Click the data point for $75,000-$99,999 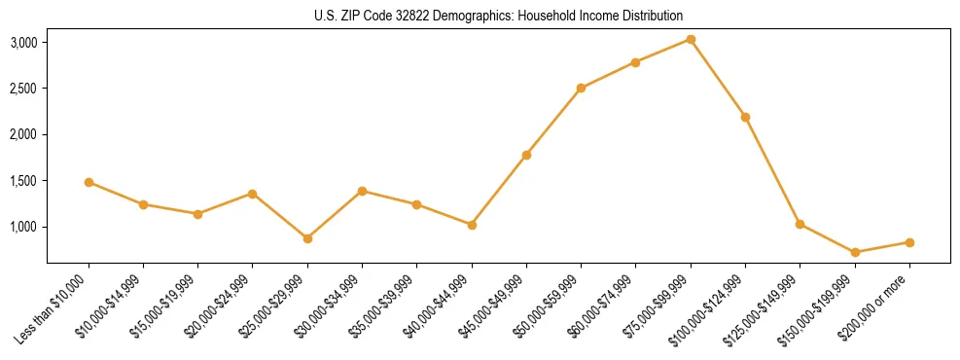(x=690, y=39)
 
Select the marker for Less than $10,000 (x=89, y=182)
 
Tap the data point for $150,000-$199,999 (x=854, y=252)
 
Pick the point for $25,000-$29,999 (x=307, y=238)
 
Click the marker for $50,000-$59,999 (x=581, y=88)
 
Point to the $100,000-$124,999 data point (x=745, y=117)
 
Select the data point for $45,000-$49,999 (x=526, y=155)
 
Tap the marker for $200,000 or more (x=908, y=242)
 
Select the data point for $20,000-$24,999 (x=253, y=194)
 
